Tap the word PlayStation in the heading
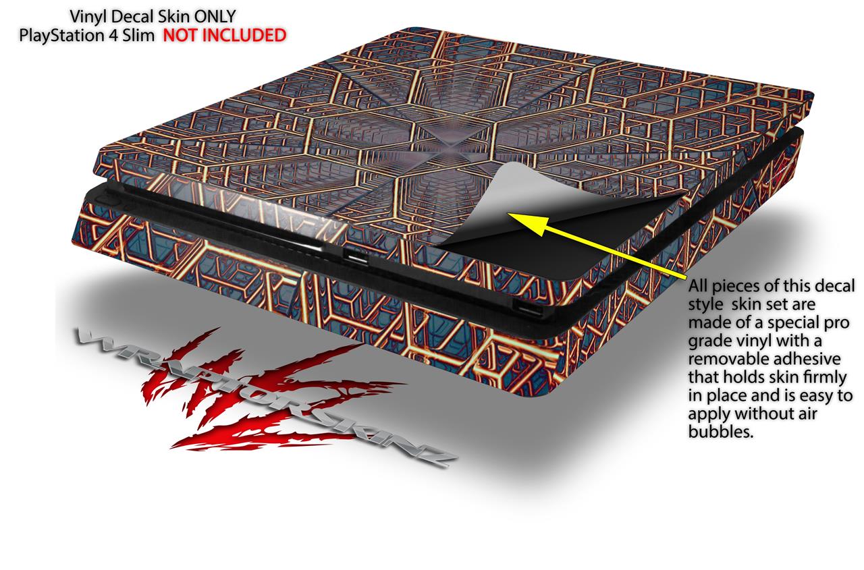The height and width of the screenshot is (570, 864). coord(61,36)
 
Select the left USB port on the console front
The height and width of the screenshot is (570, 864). coord(356,255)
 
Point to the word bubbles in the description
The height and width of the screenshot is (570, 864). coord(720,432)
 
